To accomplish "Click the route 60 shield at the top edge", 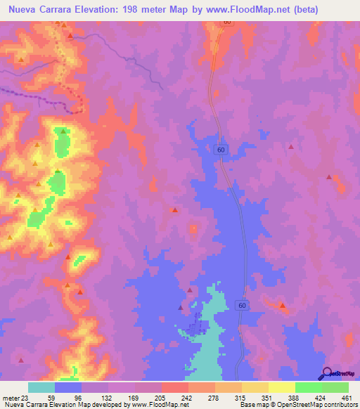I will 227,22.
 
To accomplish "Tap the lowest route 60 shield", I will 241,306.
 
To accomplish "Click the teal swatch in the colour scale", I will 41,387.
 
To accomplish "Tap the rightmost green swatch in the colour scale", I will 335,387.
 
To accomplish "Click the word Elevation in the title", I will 98,10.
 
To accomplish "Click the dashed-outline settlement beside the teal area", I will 198,327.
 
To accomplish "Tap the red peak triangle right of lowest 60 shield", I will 283,306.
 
